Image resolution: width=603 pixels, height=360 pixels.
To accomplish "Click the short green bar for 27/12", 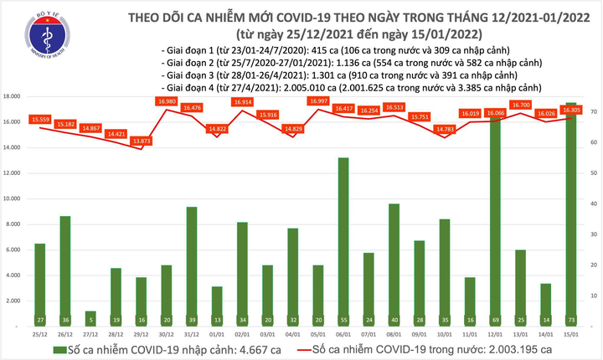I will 90,317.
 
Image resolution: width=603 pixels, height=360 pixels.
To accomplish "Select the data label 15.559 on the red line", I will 40,120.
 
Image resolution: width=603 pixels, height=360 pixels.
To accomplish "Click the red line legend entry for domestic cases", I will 402,350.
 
